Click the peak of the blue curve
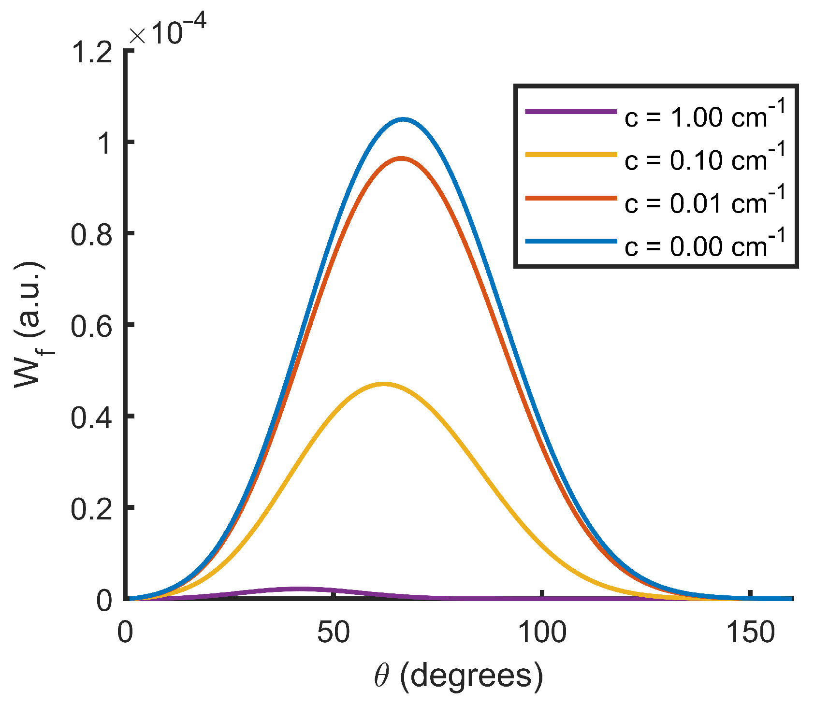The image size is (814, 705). tap(403, 119)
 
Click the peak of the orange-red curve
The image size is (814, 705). tap(401, 158)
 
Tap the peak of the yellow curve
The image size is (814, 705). tap(383, 384)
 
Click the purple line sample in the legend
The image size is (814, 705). tap(571, 112)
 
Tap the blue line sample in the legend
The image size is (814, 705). tap(571, 241)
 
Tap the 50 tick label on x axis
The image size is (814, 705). tap(334, 632)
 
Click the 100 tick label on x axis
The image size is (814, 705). tap(542, 632)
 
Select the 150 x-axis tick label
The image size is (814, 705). tap(751, 632)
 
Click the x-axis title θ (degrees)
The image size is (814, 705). tap(458, 676)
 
